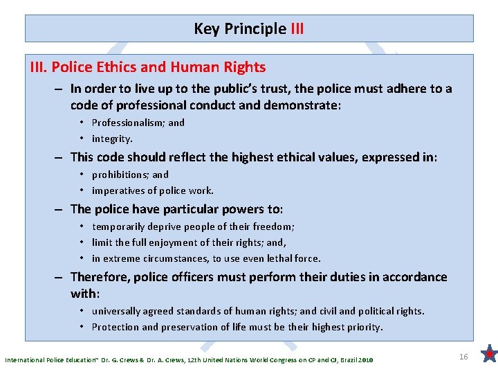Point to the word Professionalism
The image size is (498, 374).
click(128, 123)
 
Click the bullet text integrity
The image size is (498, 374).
click(112, 139)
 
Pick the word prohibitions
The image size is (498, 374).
click(120, 175)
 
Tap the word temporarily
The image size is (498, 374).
click(120, 226)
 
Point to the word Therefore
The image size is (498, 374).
click(102, 277)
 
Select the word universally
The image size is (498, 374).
click(118, 311)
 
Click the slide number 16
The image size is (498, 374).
click(464, 356)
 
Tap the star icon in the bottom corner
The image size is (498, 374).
click(489, 355)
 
